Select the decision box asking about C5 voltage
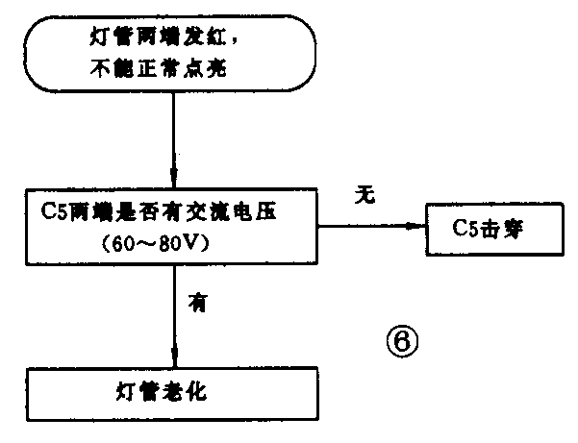tap(172, 228)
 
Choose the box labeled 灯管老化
tap(172, 395)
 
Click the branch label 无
tap(364, 193)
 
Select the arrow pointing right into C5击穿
tap(375, 227)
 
